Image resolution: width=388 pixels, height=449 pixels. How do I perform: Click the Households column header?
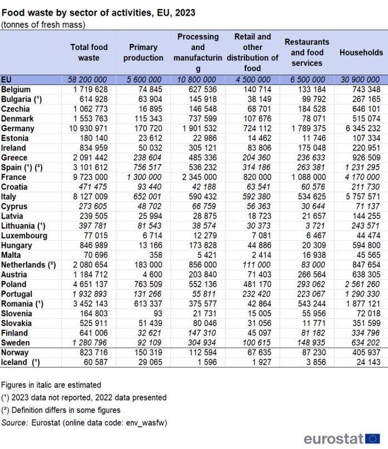tap(361, 52)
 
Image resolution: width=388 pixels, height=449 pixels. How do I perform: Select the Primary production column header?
tap(143, 52)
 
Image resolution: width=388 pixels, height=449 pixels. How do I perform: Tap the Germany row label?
tap(18, 129)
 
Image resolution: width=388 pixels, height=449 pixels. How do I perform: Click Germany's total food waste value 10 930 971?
tap(89, 129)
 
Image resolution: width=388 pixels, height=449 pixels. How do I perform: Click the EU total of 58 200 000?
tap(89, 80)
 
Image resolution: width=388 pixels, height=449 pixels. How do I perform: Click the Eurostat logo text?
tap(333, 438)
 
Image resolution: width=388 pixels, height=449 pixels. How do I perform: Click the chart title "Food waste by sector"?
tap(97, 12)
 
